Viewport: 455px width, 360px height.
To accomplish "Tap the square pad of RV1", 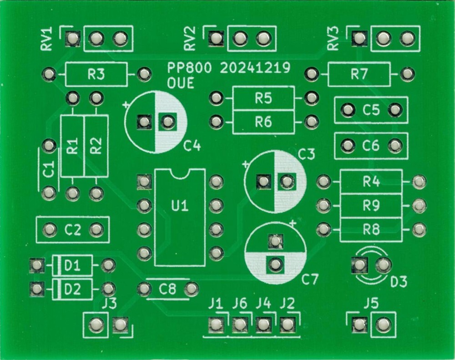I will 72,39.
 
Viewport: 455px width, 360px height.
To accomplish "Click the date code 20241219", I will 255,68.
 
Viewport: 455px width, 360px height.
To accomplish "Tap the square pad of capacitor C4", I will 144,121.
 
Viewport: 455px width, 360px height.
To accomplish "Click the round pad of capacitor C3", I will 286,182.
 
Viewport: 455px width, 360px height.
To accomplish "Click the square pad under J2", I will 287,325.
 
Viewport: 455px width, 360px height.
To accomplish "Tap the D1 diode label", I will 72,265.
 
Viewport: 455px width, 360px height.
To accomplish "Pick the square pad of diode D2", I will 36,288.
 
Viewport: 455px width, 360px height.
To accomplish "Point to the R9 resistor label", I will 371,206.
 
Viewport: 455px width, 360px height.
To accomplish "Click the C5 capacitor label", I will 371,110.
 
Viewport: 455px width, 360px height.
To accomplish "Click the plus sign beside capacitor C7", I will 293,223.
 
